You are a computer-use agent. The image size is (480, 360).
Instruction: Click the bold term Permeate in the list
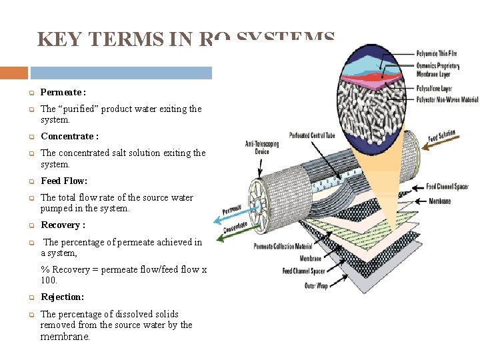tap(61, 92)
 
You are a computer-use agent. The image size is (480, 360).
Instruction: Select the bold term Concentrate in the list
tap(68, 136)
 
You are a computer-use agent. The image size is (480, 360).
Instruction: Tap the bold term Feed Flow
tap(64, 181)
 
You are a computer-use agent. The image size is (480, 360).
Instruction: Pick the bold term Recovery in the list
tap(61, 225)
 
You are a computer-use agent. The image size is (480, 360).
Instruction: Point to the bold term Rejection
tap(62, 297)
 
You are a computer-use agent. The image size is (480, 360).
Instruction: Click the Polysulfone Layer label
tap(434, 88)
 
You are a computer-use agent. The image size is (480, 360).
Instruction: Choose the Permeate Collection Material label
tap(283, 247)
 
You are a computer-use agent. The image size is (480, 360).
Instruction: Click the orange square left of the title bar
tap(14, 73)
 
